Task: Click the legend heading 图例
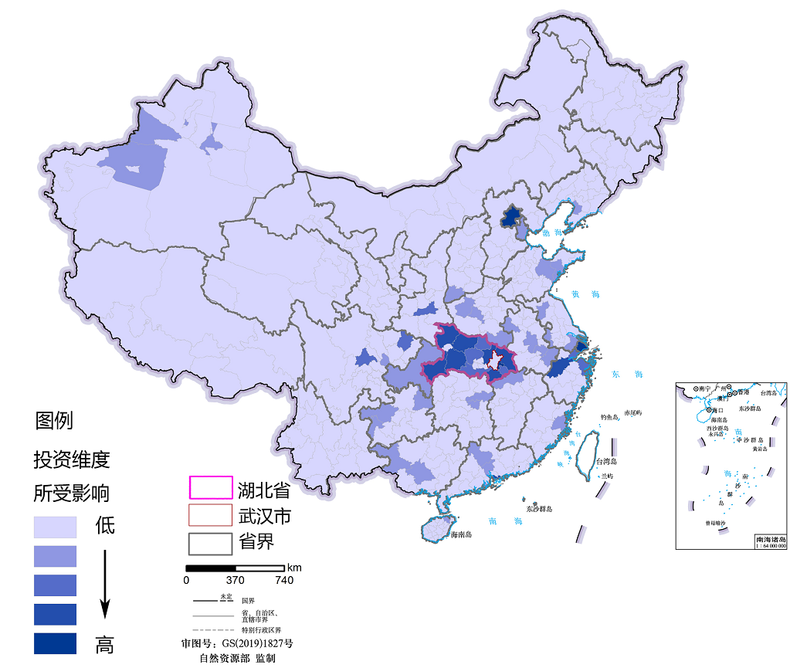coord(54,421)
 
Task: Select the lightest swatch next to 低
coord(55,527)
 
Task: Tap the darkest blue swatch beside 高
coord(55,643)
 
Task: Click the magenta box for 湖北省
coord(211,487)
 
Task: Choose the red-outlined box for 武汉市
coord(211,515)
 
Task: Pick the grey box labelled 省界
coord(211,543)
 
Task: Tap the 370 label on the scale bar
coord(235,580)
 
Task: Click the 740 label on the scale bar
coord(283,580)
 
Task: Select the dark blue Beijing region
coord(510,217)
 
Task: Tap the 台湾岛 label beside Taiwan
coord(608,462)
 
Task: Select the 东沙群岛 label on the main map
coord(542,509)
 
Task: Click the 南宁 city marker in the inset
coord(697,388)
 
